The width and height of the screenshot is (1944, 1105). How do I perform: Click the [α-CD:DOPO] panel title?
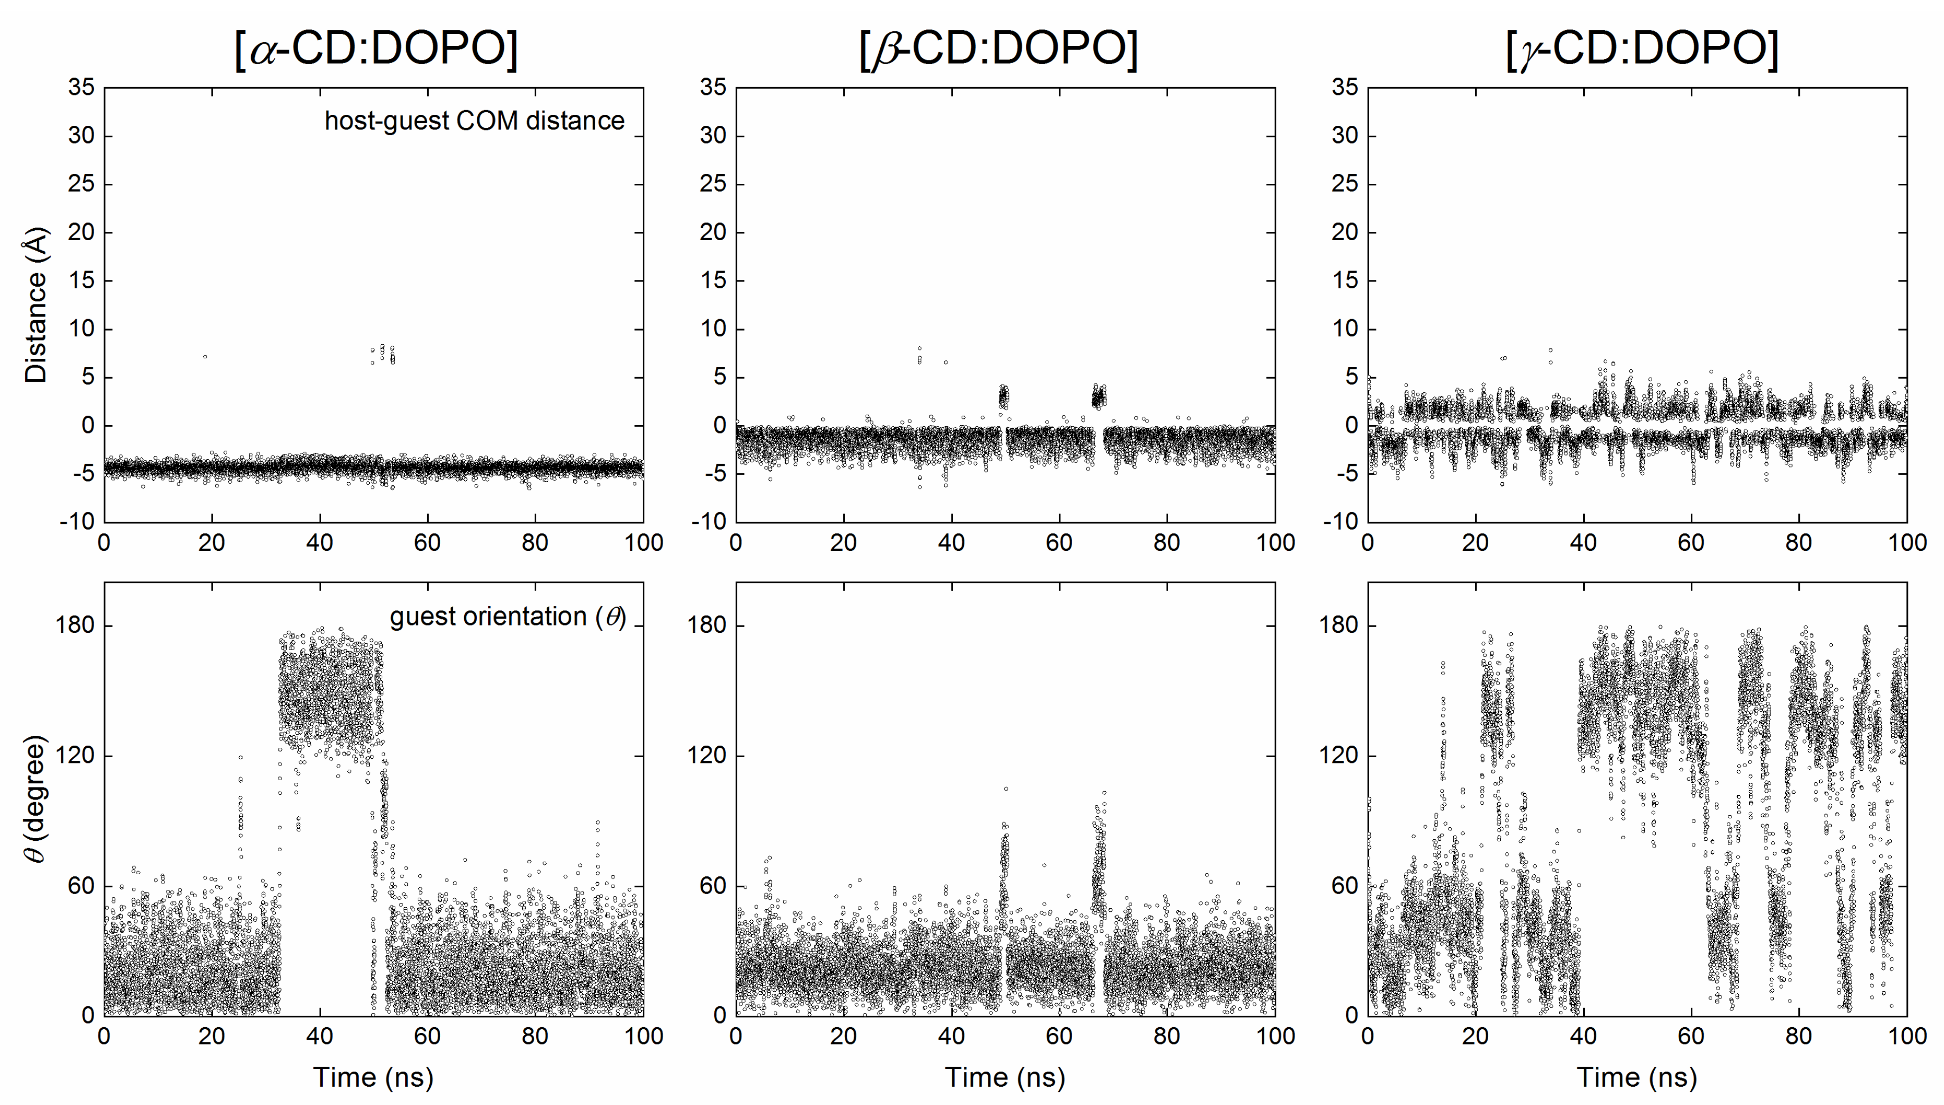375,49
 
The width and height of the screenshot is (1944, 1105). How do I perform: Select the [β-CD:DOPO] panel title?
998,49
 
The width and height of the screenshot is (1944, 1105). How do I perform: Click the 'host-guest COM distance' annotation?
474,121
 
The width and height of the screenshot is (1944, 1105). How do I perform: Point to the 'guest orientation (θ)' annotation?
508,616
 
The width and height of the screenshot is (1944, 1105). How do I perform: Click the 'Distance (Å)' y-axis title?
36,304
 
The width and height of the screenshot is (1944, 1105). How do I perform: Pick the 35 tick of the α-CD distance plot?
81,87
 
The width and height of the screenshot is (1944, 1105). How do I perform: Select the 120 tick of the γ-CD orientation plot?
1339,755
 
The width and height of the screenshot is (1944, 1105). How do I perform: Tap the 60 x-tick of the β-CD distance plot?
1059,543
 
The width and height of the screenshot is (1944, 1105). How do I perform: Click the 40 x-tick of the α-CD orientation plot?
320,1036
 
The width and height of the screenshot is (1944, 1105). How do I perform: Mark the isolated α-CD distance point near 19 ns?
205,357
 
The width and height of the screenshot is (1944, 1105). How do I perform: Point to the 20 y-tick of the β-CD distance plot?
713,232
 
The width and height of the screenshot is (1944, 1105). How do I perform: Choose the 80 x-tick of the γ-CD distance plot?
1799,543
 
